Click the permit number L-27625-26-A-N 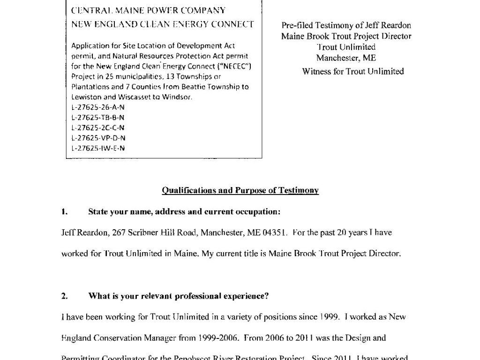[98, 107]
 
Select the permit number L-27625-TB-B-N [98, 117]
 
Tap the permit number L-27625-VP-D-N [98, 138]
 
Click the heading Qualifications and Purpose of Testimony [240, 190]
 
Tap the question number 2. [64, 296]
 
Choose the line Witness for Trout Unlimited [353, 72]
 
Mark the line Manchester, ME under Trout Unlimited [346, 58]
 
